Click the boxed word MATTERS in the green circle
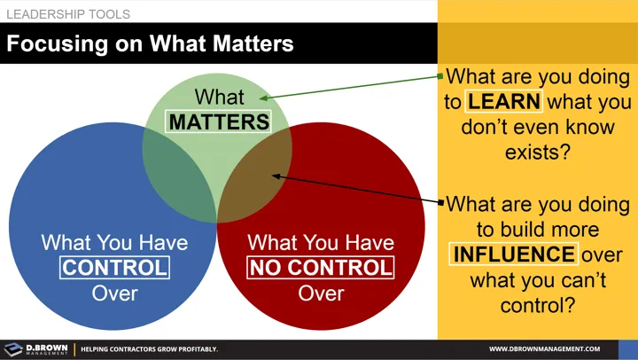(219, 121)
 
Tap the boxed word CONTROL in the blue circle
(114, 266)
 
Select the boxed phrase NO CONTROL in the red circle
(321, 266)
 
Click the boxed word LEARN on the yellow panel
(504, 101)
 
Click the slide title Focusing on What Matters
(151, 43)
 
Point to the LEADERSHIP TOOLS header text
(68, 14)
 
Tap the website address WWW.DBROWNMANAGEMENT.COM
(544, 349)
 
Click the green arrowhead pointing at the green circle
(265, 98)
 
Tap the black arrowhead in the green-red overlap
(276, 176)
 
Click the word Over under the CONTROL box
(114, 292)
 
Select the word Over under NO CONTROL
(321, 292)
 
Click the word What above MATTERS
(219, 97)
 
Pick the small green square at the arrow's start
(440, 77)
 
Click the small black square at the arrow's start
(440, 202)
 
